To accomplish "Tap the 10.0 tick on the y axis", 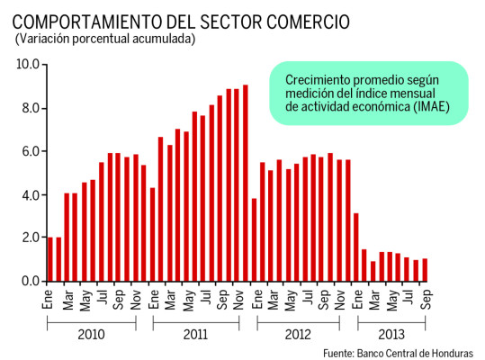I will (28, 65).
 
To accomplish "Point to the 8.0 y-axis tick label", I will (28, 109).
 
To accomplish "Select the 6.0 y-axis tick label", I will (28, 152).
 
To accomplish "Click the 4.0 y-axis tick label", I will (28, 195).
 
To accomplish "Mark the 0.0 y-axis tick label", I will (28, 282).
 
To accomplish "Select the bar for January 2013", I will (356, 247).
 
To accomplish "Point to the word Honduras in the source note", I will (448, 352).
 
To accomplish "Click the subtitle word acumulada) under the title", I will (164, 39).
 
